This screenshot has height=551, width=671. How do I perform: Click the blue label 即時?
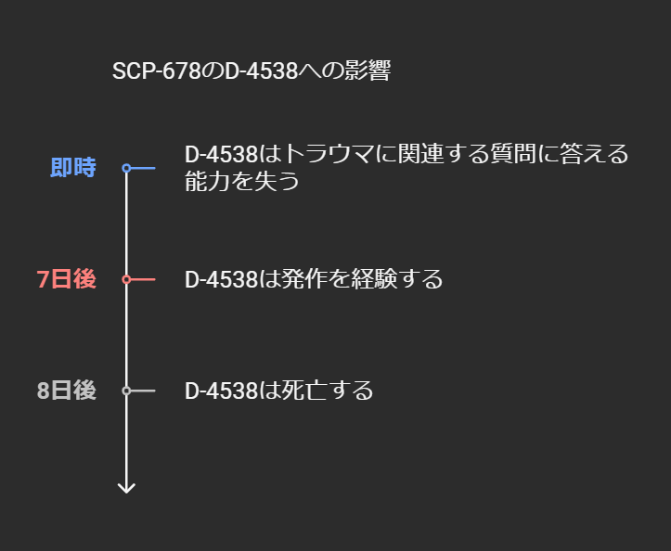tap(73, 168)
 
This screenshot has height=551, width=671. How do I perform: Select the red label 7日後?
tap(67, 279)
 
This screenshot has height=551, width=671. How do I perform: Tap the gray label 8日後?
tap(67, 391)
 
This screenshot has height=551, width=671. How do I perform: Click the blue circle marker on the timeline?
tap(126, 168)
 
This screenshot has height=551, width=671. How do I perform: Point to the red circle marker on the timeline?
tap(126, 279)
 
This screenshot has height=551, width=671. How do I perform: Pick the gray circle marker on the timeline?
tap(126, 391)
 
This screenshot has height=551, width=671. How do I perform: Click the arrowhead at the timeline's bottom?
tap(126, 487)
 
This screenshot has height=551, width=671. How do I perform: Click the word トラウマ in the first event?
tap(326, 153)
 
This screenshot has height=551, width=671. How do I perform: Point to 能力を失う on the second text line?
tap(242, 181)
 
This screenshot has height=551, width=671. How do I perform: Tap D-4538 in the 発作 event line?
tap(221, 279)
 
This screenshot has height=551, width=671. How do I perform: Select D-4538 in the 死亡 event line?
tap(221, 391)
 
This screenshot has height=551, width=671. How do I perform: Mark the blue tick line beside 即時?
tap(143, 168)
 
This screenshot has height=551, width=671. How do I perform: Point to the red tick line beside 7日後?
tap(143, 279)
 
